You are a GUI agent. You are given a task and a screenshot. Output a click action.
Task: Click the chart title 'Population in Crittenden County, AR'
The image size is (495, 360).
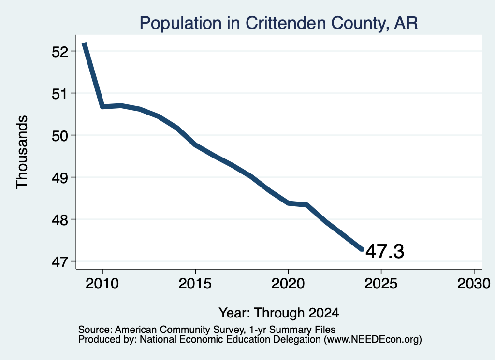coord(278,23)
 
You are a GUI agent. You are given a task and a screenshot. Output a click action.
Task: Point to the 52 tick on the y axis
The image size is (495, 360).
coord(59,51)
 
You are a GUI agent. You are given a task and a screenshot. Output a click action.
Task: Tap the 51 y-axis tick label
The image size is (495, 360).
coord(59,94)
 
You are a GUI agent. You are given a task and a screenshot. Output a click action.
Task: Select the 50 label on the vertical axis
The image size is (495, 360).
coord(59,136)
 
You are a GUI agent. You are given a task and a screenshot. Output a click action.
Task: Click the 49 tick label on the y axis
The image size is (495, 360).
coord(59,178)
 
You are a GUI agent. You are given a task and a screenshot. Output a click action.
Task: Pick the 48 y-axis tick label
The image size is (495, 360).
coord(59,220)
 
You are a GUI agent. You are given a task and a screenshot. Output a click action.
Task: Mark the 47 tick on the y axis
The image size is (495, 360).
coord(59,262)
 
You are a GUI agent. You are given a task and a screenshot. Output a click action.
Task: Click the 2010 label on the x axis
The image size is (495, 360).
coord(102,284)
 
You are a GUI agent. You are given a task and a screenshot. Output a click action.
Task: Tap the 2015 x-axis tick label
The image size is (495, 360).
coord(195,284)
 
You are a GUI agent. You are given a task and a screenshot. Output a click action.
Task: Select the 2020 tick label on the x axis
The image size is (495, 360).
coord(288,284)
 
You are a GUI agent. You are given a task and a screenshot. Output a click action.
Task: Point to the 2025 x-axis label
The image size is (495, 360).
coord(381,284)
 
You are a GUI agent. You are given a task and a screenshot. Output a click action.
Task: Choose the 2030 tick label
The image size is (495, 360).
coord(474,284)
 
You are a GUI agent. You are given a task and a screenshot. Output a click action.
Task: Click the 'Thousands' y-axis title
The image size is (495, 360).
coord(22,152)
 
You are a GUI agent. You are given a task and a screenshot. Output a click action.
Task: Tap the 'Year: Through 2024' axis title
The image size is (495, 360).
coord(279,313)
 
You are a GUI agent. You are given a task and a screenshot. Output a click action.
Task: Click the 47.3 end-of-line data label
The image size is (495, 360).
coord(385,251)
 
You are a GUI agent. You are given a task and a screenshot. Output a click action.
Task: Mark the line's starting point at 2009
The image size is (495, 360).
coord(84,43)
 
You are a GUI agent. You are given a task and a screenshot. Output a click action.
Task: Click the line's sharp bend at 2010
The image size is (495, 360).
coord(102,107)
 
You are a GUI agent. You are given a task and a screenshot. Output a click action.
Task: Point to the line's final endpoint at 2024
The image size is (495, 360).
coord(363,249)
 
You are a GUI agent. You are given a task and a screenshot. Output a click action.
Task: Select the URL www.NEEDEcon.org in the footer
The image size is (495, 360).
coord(373,340)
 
